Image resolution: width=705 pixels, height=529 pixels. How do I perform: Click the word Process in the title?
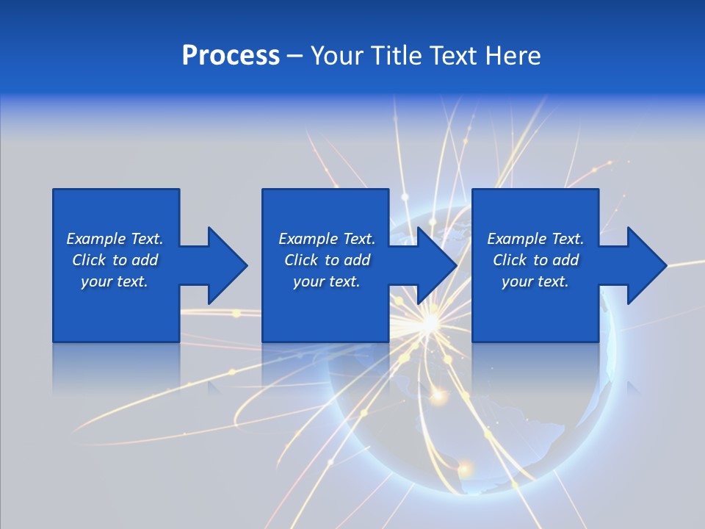pos(231,56)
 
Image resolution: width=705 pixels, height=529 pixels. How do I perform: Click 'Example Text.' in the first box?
pos(115,239)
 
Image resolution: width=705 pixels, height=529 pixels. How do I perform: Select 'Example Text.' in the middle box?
pos(327,239)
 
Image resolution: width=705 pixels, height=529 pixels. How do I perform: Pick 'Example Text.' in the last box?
pos(535,239)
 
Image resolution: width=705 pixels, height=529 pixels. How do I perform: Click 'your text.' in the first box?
pos(115,281)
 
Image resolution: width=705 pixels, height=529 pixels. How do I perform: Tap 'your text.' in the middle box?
pos(327,281)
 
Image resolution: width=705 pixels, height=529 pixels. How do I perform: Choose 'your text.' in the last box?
pos(535,281)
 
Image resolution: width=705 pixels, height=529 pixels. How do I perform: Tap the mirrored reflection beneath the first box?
pos(116,367)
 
